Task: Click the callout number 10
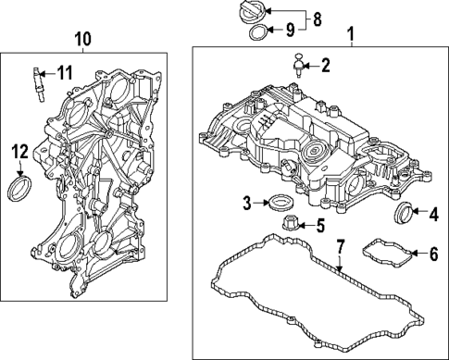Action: [x=82, y=39]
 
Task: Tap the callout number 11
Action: [x=64, y=72]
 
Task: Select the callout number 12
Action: [x=20, y=151]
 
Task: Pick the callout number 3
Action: [x=246, y=202]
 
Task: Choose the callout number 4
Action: [x=432, y=215]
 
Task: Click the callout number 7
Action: [x=340, y=247]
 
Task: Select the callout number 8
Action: [x=317, y=18]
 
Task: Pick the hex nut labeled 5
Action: [x=287, y=223]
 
